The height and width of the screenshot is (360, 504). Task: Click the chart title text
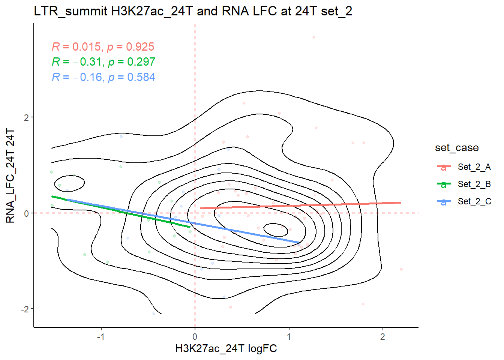click(x=193, y=11)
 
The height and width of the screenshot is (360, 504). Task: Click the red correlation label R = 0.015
click(x=103, y=47)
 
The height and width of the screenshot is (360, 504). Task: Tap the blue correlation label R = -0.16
click(x=103, y=77)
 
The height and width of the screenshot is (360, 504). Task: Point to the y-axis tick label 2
click(x=26, y=117)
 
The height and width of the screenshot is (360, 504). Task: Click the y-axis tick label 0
click(x=26, y=213)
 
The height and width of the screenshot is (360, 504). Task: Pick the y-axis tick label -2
click(x=25, y=309)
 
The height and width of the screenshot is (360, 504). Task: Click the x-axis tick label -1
click(x=100, y=337)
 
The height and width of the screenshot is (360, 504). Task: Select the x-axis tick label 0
click(x=195, y=337)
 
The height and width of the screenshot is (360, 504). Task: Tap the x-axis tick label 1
click(x=289, y=337)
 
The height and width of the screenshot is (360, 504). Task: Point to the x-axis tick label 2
click(x=382, y=337)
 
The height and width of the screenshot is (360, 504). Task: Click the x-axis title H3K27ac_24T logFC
click(x=226, y=349)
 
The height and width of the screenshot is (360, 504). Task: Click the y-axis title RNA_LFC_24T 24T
click(x=10, y=175)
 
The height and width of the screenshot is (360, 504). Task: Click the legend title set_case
click(x=457, y=148)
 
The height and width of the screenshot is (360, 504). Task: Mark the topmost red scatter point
click(x=314, y=37)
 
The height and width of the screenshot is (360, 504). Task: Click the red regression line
click(x=300, y=205)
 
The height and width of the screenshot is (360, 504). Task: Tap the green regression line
click(x=120, y=211)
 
